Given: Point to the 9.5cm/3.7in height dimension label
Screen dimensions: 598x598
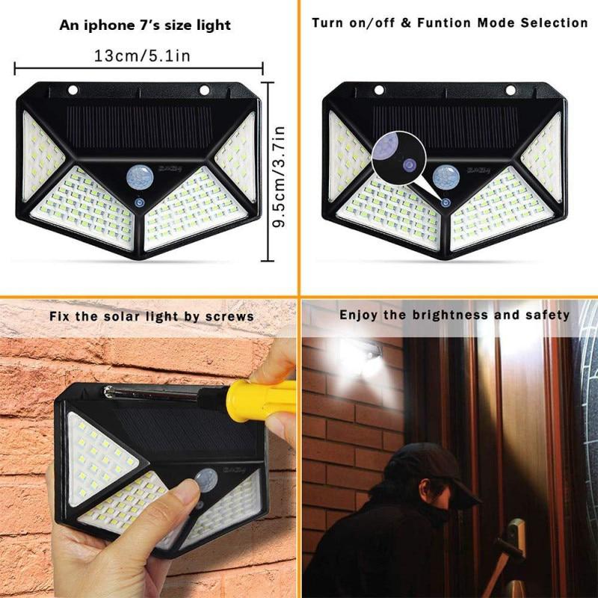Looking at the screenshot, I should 280,177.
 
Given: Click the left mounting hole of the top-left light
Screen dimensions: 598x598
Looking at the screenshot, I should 73,90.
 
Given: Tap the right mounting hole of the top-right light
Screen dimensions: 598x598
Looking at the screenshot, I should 511,90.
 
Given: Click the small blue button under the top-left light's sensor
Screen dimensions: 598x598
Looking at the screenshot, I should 139,203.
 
